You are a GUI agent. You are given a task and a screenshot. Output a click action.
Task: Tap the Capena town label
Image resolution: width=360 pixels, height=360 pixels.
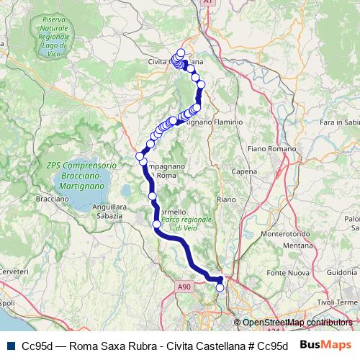click(x=246, y=171)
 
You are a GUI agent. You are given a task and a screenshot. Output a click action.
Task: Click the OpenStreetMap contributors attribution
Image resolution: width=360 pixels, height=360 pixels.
click(x=297, y=323)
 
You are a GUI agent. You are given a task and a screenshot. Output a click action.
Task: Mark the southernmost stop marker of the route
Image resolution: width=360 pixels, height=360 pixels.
click(x=220, y=288)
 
